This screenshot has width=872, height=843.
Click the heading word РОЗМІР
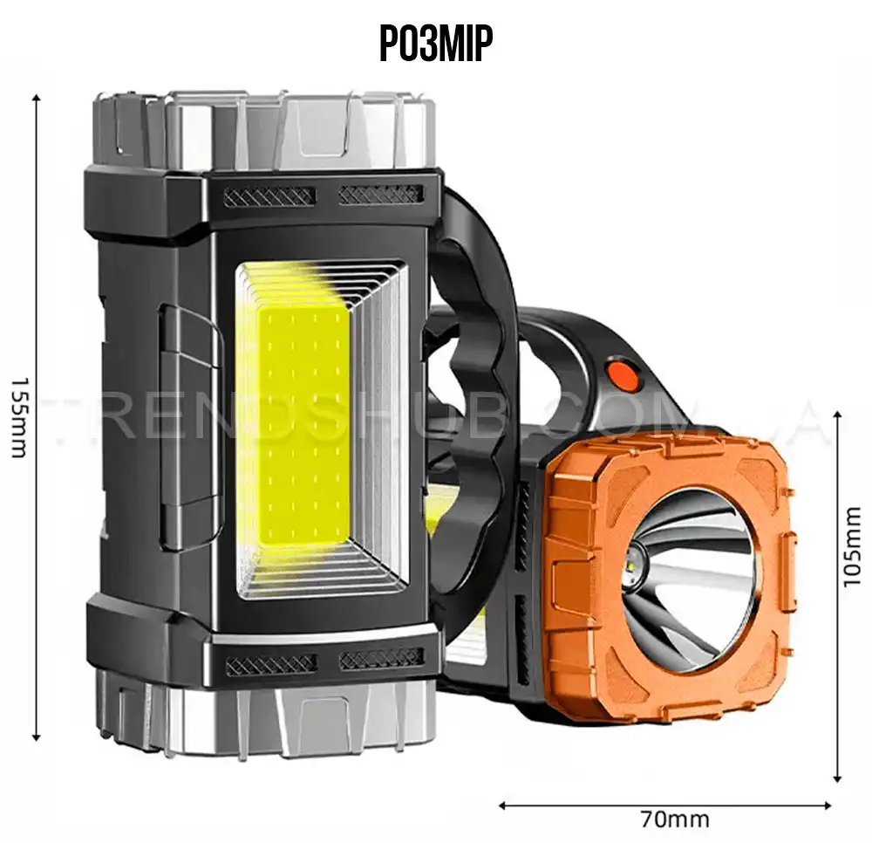[x=436, y=44]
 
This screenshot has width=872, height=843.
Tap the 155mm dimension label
[x=19, y=417]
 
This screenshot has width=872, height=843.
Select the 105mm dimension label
[x=852, y=546]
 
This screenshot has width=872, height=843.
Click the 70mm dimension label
[x=675, y=819]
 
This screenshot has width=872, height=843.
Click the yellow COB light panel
[x=301, y=428]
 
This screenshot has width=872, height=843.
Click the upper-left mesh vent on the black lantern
[x=269, y=195]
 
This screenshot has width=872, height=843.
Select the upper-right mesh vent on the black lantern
[x=381, y=195]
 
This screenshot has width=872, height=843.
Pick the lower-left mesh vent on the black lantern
[x=271, y=663]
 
